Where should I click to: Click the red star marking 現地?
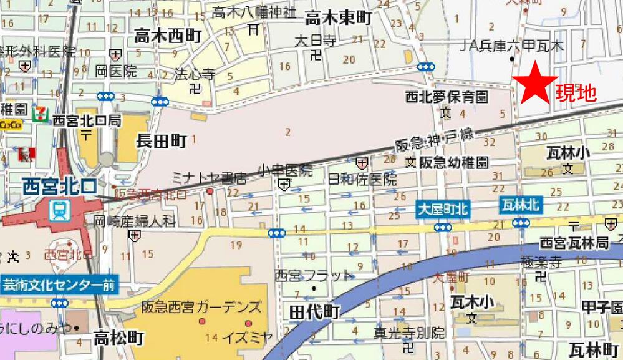tap(534, 85)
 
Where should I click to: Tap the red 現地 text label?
tap(576, 94)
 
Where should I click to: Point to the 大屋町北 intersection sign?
tap(443, 210)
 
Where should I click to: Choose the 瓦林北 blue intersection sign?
tap(520, 204)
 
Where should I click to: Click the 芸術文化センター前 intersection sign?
tap(59, 286)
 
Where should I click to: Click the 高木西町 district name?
tap(168, 37)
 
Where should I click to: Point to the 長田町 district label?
tap(162, 142)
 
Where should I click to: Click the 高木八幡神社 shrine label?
tap(253, 12)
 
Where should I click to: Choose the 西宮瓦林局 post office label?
tap(574, 242)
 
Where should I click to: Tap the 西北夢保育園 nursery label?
tap(447, 97)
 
